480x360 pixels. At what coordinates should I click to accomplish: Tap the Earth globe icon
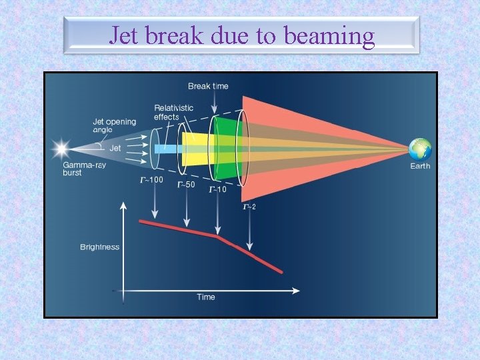(x=420, y=149)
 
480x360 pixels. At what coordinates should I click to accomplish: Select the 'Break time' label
(x=208, y=86)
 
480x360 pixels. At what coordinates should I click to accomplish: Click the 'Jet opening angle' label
(x=114, y=126)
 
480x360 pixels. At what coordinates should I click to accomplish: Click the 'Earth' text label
(x=420, y=166)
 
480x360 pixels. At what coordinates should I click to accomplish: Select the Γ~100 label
(x=151, y=179)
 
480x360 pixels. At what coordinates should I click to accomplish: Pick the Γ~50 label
(x=186, y=185)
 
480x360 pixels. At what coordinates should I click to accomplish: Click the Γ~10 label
(x=218, y=189)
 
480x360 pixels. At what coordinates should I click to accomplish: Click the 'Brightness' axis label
(x=100, y=247)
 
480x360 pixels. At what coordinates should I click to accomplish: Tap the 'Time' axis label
(x=206, y=297)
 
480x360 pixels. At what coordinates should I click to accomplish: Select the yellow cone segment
(x=197, y=149)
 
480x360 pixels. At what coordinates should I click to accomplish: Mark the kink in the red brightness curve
(x=217, y=235)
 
